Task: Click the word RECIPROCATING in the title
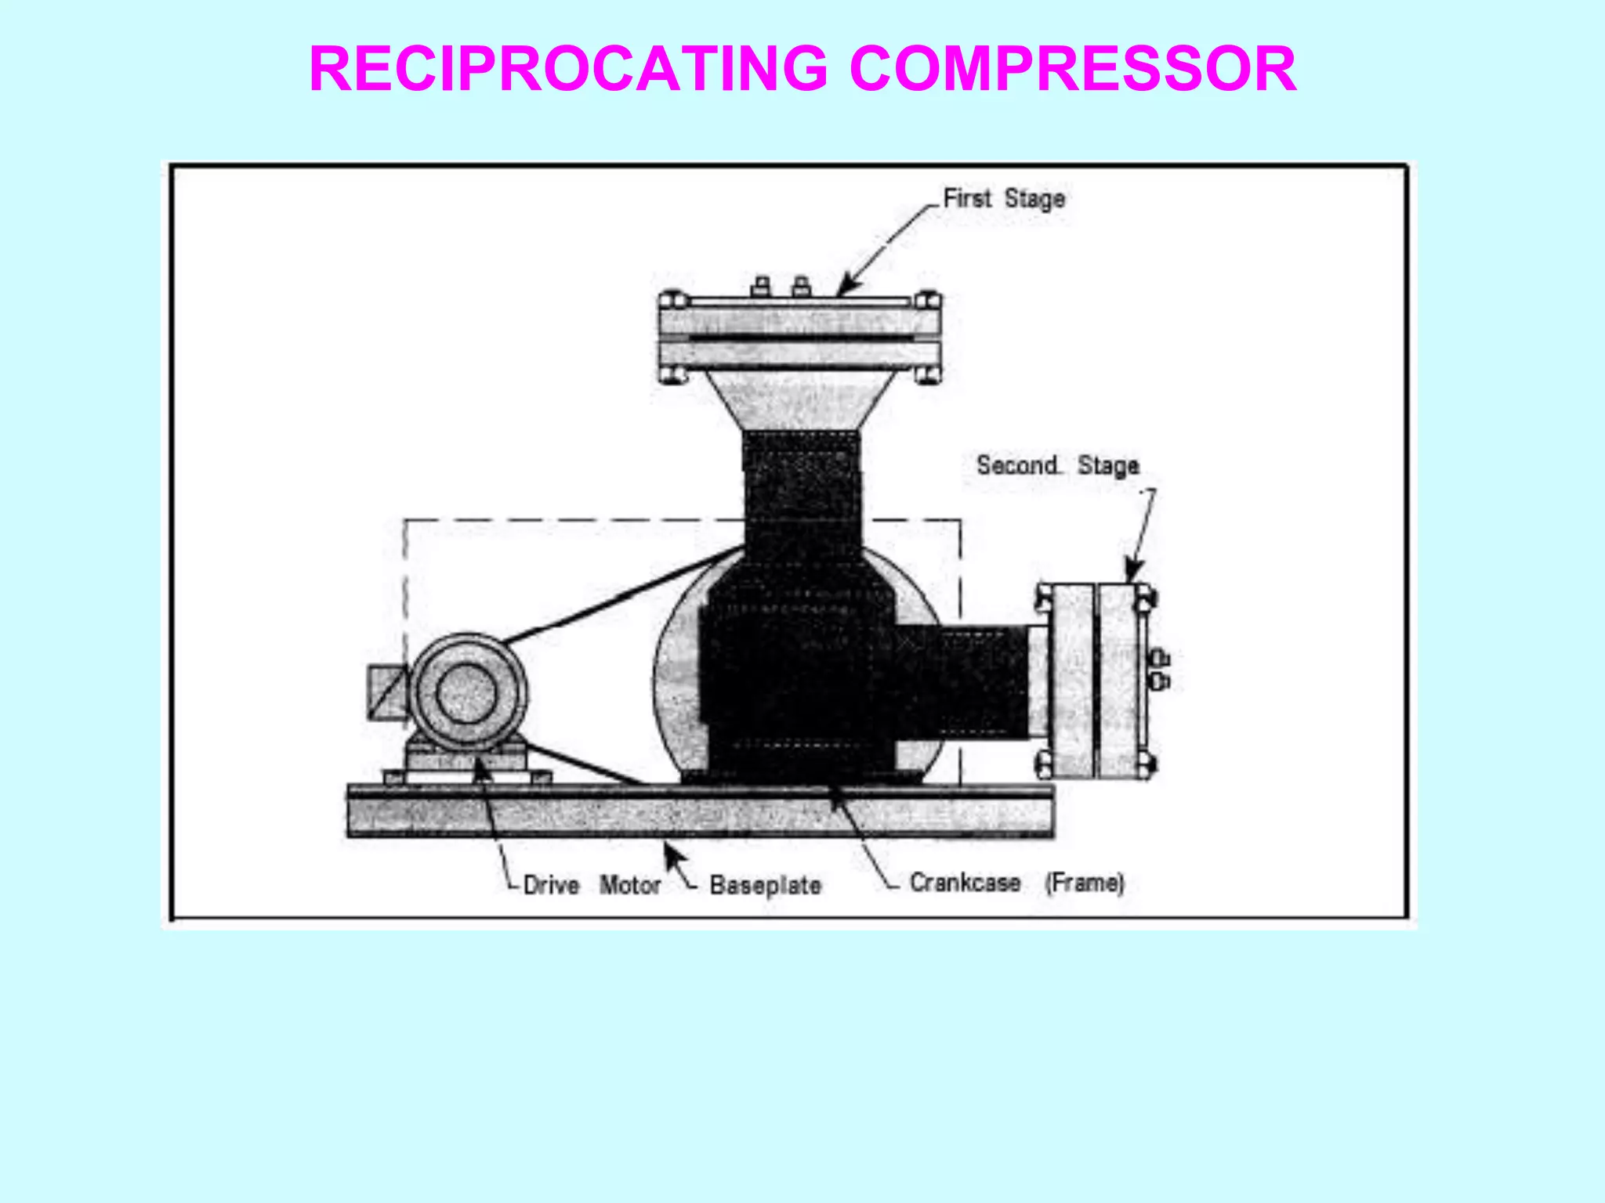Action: point(568,69)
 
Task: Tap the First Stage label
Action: point(1003,198)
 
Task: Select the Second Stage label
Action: point(1057,465)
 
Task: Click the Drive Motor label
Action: point(592,885)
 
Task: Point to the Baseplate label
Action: point(765,885)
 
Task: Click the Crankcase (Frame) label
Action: point(1016,883)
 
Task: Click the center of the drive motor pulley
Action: point(466,694)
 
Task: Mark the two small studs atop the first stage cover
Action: point(780,286)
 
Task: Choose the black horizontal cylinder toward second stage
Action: point(964,681)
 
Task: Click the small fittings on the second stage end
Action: point(1160,670)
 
